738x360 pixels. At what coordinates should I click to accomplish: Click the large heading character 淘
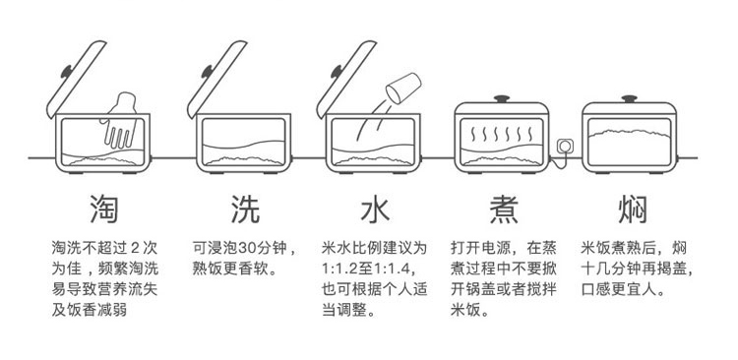pyautogui.click(x=103, y=209)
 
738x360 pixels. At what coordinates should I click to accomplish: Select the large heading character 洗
pyautogui.click(x=245, y=209)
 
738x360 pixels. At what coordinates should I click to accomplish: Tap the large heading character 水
pyautogui.click(x=375, y=209)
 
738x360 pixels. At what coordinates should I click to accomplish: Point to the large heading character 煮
pyautogui.click(x=504, y=209)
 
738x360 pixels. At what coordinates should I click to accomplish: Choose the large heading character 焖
pyautogui.click(x=633, y=209)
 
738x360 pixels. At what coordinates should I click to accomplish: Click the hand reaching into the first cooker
pyautogui.click(x=120, y=120)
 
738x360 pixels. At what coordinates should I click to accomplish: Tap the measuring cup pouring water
pyautogui.click(x=403, y=88)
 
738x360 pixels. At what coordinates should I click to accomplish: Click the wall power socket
pyautogui.click(x=565, y=146)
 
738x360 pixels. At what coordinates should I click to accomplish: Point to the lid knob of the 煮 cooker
pyautogui.click(x=502, y=98)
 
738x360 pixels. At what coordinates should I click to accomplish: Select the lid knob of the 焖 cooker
pyautogui.click(x=629, y=98)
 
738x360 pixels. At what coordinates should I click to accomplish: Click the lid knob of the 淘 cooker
pyautogui.click(x=65, y=71)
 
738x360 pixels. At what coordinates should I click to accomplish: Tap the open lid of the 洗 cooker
pyautogui.click(x=216, y=79)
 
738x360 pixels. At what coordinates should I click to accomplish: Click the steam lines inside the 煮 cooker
pyautogui.click(x=502, y=135)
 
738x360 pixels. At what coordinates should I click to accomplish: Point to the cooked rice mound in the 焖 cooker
pyautogui.click(x=629, y=134)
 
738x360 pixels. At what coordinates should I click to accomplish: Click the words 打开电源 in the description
pyautogui.click(x=474, y=248)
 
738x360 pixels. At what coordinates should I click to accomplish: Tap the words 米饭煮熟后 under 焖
pyautogui.click(x=610, y=248)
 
